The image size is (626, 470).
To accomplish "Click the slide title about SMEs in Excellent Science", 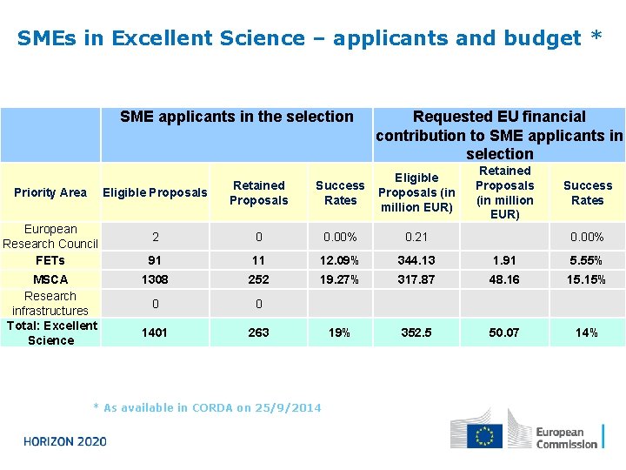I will coord(309,38).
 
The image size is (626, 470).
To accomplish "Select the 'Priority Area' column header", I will coord(50,192).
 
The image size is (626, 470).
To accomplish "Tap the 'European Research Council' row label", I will coord(50,237).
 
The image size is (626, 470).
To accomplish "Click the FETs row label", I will coord(50,260).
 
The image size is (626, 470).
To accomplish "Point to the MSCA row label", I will coord(50,279).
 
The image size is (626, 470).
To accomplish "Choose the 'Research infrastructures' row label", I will coord(50,303).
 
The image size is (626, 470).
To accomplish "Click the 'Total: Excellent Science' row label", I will coord(50,332).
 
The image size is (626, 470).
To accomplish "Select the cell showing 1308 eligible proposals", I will coord(155,279).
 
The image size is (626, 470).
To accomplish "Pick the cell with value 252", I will coord(258,279).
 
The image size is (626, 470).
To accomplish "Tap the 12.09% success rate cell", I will coord(340,260).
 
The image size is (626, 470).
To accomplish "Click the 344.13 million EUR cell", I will coord(416,260).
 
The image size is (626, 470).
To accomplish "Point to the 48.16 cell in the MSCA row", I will coord(505,279).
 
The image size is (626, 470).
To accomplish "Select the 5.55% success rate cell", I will coord(587,260).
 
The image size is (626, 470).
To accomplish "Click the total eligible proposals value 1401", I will coord(155,332).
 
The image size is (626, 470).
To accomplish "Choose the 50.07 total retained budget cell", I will coord(505,332).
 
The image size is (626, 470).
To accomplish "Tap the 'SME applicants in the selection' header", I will coord(236,117).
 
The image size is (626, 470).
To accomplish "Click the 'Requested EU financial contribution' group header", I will coord(499,135).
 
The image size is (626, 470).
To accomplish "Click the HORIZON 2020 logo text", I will coord(65,441).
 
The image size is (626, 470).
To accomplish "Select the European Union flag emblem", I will coord(484,436).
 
